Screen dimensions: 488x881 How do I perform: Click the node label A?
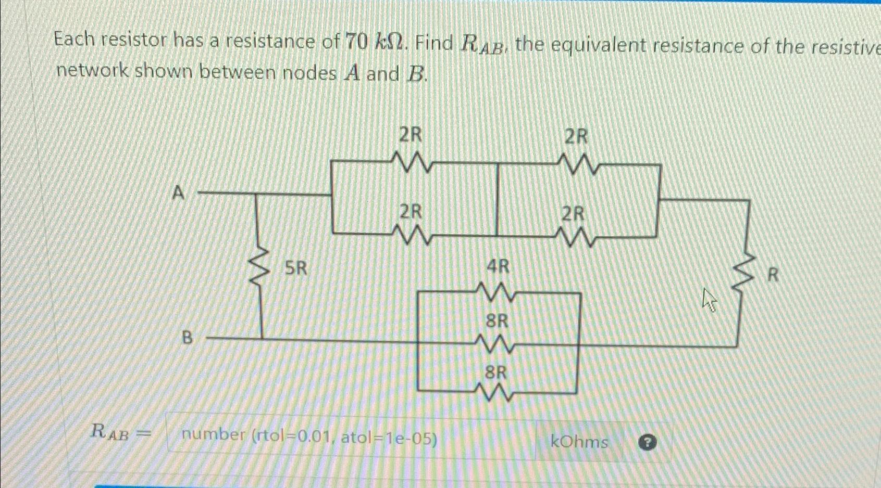tap(178, 193)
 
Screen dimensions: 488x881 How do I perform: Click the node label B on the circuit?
tap(187, 338)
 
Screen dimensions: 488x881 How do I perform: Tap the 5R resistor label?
tap(296, 268)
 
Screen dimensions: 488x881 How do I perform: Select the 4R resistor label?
tap(498, 267)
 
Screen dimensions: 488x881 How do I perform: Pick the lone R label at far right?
tap(773, 275)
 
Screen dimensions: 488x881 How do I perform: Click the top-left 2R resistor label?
tap(410, 135)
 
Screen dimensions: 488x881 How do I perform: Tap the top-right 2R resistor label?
tap(576, 137)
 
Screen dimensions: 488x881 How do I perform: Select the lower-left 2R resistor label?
tap(411, 212)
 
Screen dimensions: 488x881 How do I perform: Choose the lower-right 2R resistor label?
tap(573, 214)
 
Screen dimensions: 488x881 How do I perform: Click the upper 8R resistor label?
tap(497, 321)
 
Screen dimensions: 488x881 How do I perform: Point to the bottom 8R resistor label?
tap(495, 373)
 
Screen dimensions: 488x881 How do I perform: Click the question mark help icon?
tap(647, 443)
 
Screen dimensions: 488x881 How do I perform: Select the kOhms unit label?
tap(579, 442)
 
